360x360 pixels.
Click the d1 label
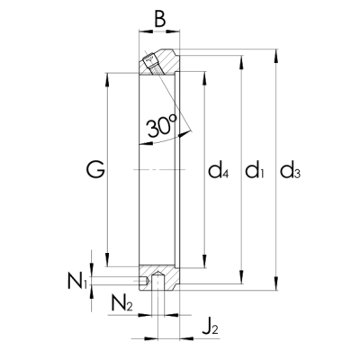click(256, 168)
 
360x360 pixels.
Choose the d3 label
click(290, 168)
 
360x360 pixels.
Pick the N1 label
click(76, 281)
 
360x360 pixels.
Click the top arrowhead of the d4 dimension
click(207, 74)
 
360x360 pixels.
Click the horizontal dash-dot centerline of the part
click(158, 169)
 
